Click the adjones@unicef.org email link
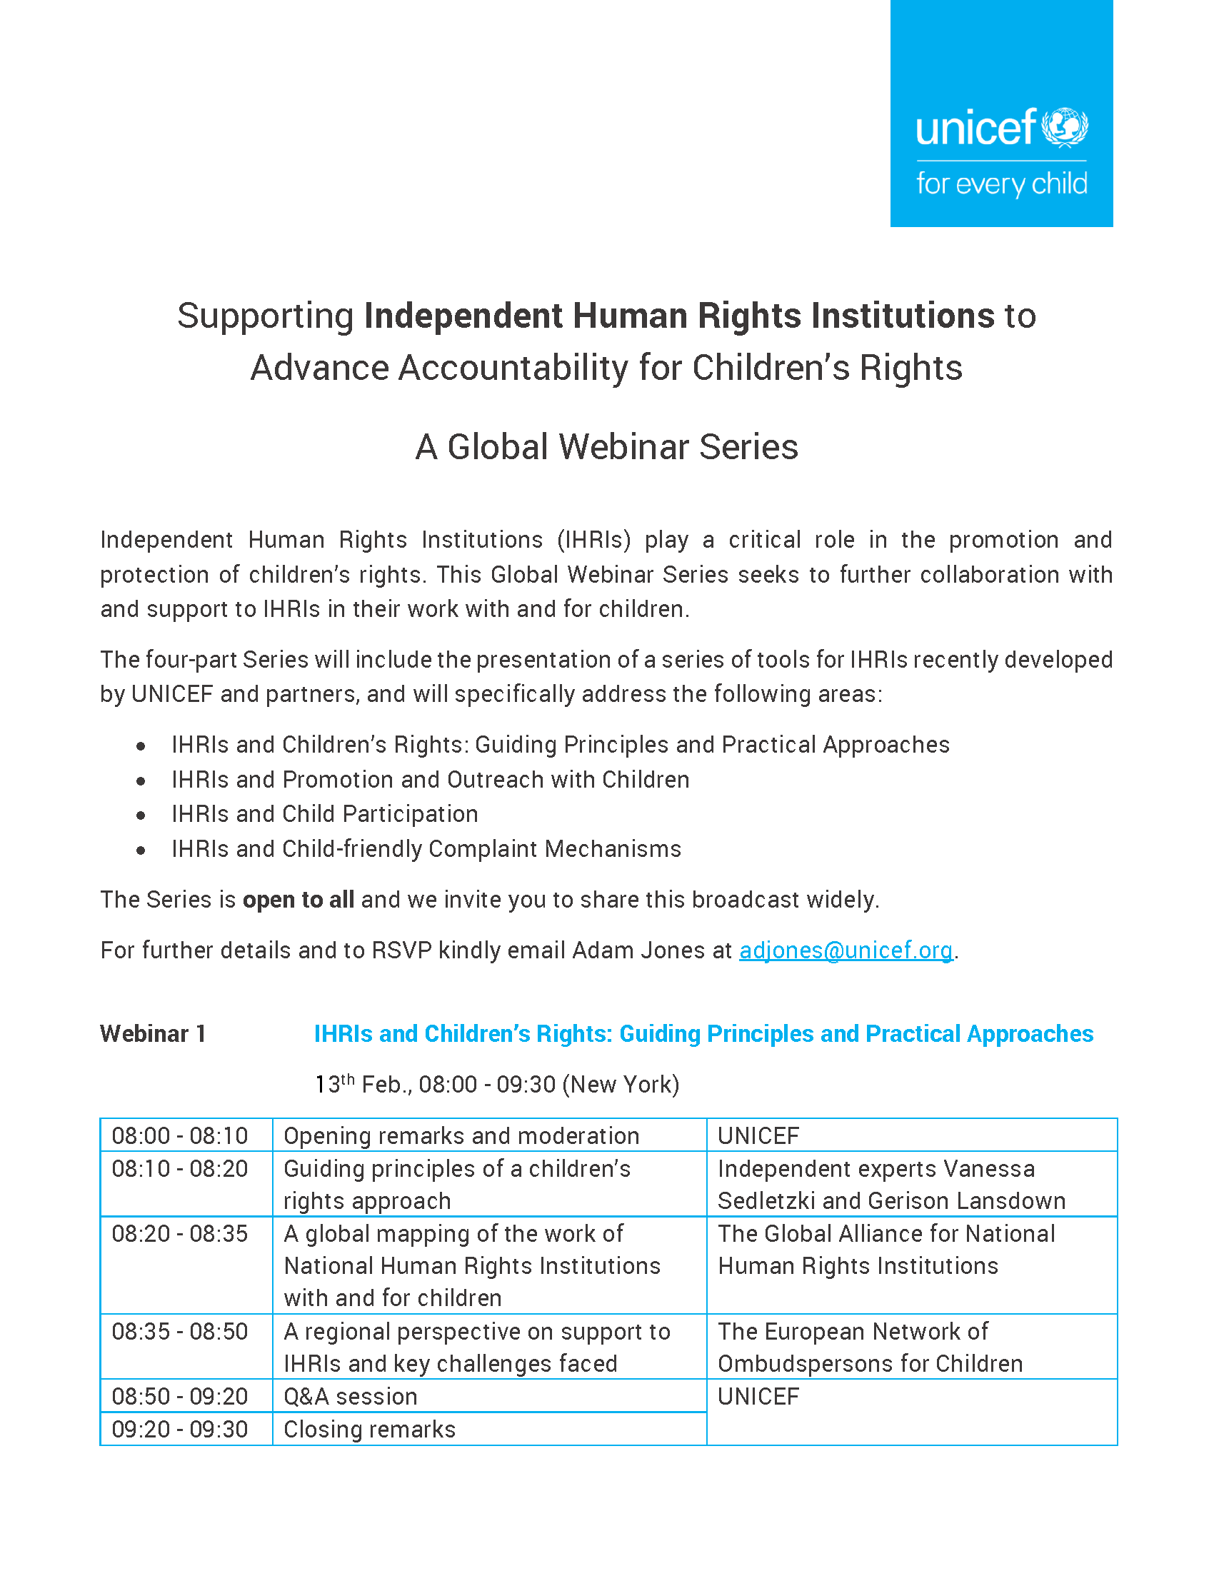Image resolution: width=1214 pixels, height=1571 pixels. point(846,950)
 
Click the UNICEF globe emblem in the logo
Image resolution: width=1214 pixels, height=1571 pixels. point(1065,127)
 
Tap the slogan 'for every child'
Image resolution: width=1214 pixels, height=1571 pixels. point(1001,184)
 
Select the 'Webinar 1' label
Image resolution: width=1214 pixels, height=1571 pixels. point(154,1034)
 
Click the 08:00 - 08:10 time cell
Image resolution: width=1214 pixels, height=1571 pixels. point(180,1136)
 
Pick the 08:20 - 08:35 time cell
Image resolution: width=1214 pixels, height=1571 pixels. point(180,1234)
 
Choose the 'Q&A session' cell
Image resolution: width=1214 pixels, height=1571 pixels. point(350,1396)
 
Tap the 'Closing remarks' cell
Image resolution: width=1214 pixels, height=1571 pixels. point(370,1430)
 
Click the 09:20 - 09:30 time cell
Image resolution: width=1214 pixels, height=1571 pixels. point(180,1430)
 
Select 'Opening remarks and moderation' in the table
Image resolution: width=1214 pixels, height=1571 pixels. point(461,1136)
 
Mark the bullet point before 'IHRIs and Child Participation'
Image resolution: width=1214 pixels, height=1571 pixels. point(141,815)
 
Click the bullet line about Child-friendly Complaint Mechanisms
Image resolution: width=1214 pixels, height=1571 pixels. point(426,849)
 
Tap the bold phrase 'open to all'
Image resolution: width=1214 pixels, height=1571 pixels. point(299,900)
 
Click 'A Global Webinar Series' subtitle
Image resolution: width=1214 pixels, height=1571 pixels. point(606,447)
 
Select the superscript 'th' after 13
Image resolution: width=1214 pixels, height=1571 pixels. point(347,1079)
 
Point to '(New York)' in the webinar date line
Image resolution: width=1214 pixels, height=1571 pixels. point(621,1085)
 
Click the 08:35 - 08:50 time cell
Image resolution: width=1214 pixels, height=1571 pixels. point(180,1332)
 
